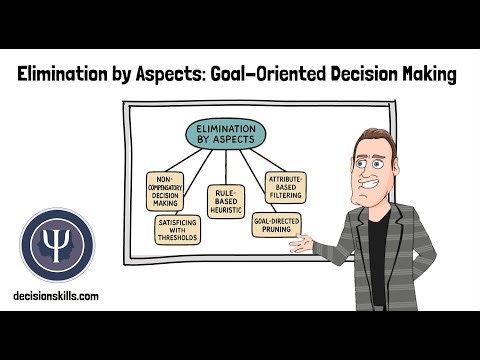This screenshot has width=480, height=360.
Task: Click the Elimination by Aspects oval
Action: tap(225, 135)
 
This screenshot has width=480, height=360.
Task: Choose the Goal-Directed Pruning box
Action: tap(276, 225)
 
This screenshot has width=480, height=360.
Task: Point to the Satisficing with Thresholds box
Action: tap(177, 229)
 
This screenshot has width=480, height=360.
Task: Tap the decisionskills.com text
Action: tap(56, 297)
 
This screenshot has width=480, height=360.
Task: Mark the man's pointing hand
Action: tap(311, 243)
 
